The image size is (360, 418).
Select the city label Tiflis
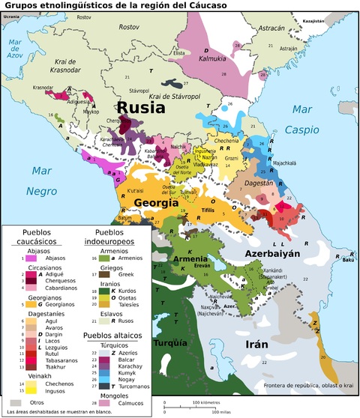click(x=208, y=212)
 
